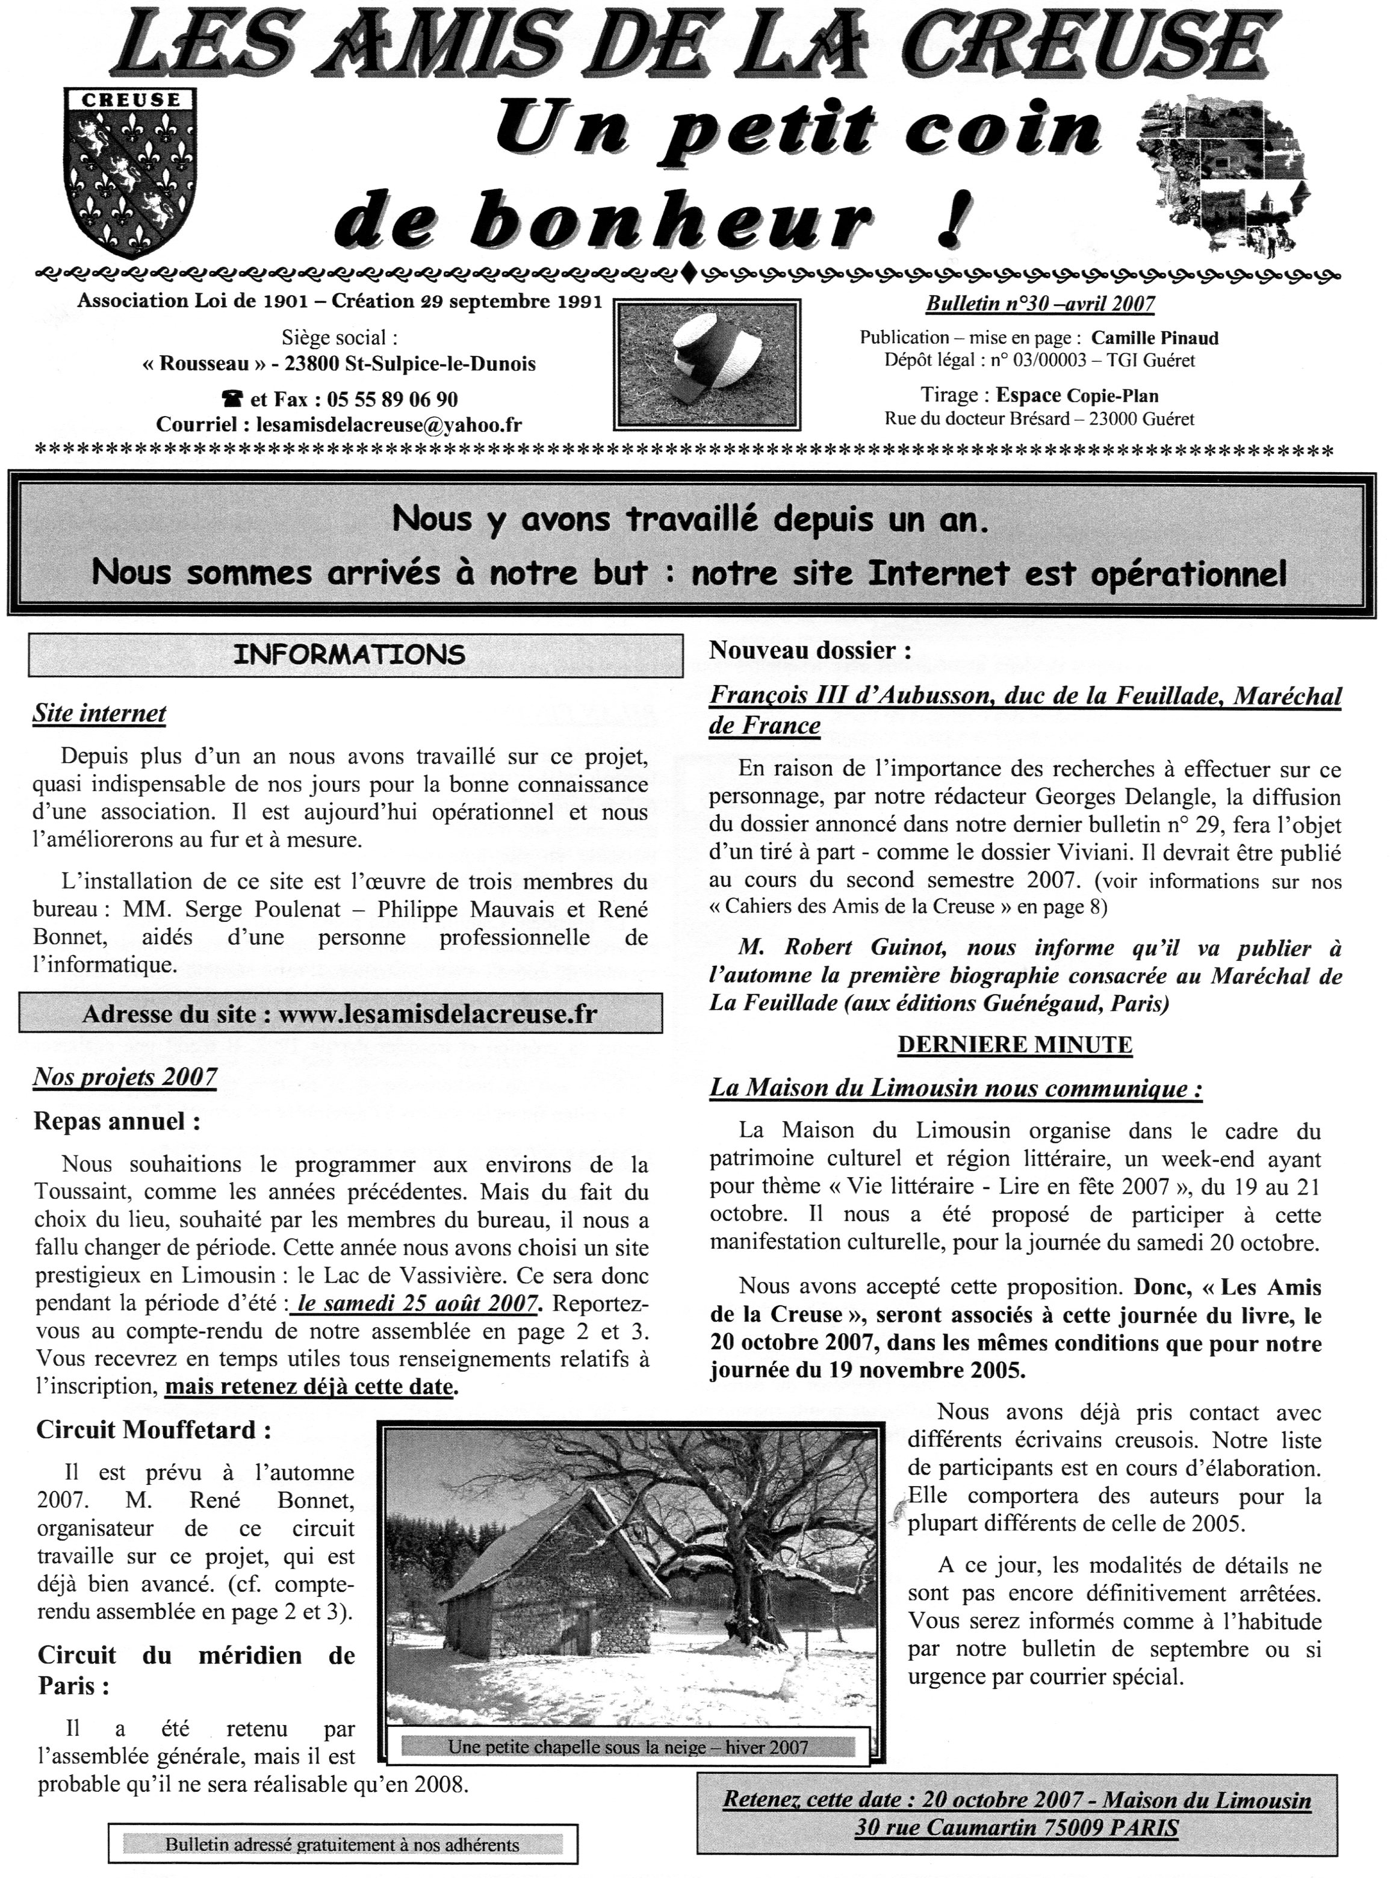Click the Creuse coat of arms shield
[131, 172]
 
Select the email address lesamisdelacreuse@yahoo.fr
[388, 425]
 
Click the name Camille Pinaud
[1155, 338]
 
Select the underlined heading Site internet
[99, 714]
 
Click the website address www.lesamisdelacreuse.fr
[438, 1014]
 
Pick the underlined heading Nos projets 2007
[125, 1077]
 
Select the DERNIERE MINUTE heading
[1015, 1045]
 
